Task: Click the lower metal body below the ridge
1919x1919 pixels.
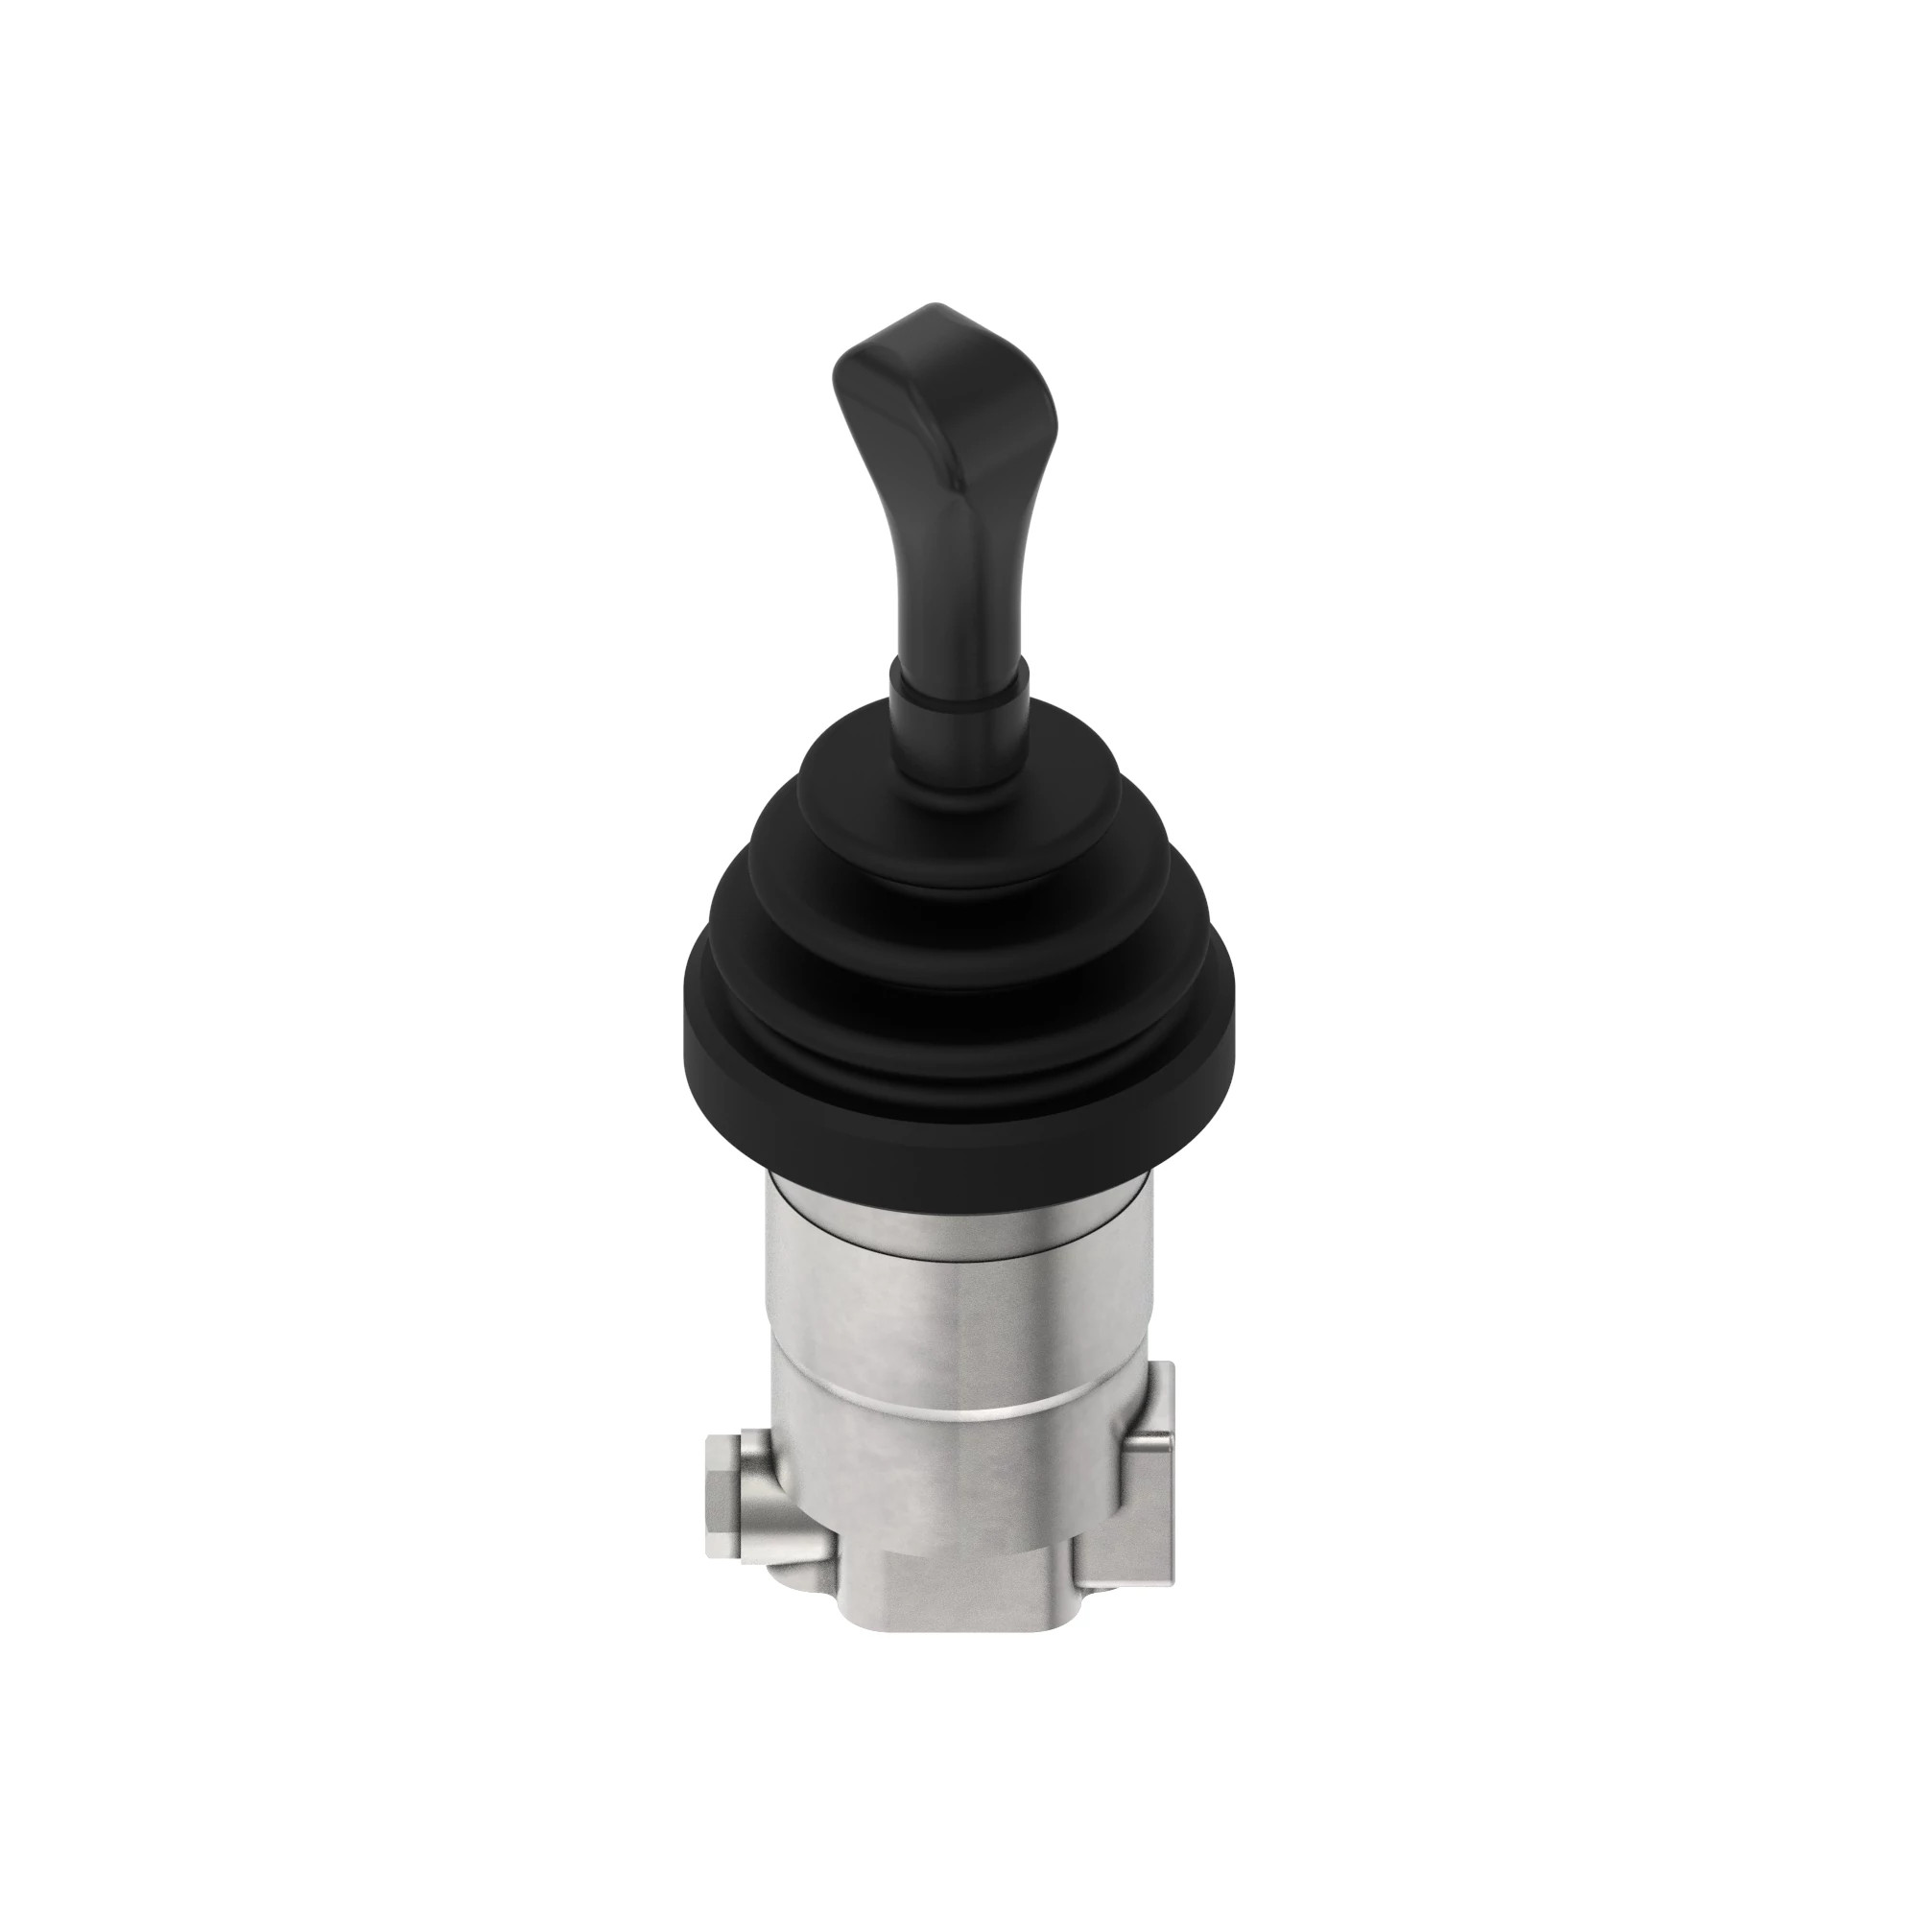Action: click(x=954, y=1490)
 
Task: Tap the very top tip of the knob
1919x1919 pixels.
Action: click(x=929, y=307)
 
